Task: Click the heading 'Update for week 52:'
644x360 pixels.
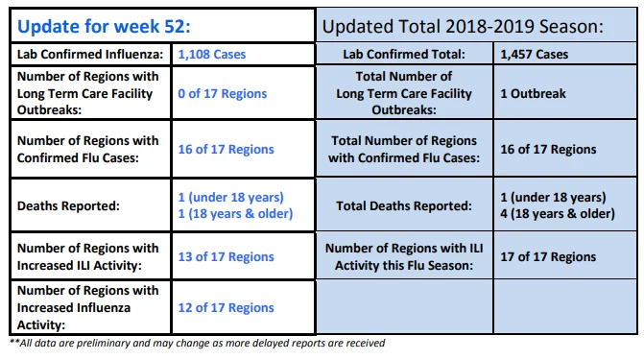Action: coord(104,27)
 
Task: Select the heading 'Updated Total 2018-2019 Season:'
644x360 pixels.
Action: coord(463,27)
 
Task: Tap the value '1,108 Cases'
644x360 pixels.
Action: coord(212,55)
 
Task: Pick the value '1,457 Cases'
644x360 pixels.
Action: coord(535,55)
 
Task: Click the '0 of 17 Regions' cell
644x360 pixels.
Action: coord(223,94)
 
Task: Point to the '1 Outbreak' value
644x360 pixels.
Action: coord(533,94)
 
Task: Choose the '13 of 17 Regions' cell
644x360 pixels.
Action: coord(226,257)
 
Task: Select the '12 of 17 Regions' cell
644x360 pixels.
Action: coord(226,308)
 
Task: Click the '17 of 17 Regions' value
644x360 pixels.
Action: coord(548,257)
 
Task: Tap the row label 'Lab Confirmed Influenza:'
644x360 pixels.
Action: coord(90,55)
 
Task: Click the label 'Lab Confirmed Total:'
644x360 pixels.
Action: coord(404,55)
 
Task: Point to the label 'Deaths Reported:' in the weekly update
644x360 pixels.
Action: coord(68,205)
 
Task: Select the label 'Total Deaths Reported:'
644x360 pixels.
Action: coord(404,205)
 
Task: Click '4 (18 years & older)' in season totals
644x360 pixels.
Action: coord(558,214)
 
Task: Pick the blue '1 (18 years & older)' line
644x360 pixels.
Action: coord(235,214)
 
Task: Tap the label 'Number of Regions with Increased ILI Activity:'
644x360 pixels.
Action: coord(88,257)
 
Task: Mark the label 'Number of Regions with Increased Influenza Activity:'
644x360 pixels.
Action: coord(88,308)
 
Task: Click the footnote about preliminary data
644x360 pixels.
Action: coord(197,343)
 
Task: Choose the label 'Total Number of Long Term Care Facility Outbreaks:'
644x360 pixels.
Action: coord(404,93)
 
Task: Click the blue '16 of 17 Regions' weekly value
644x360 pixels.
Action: coord(226,150)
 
